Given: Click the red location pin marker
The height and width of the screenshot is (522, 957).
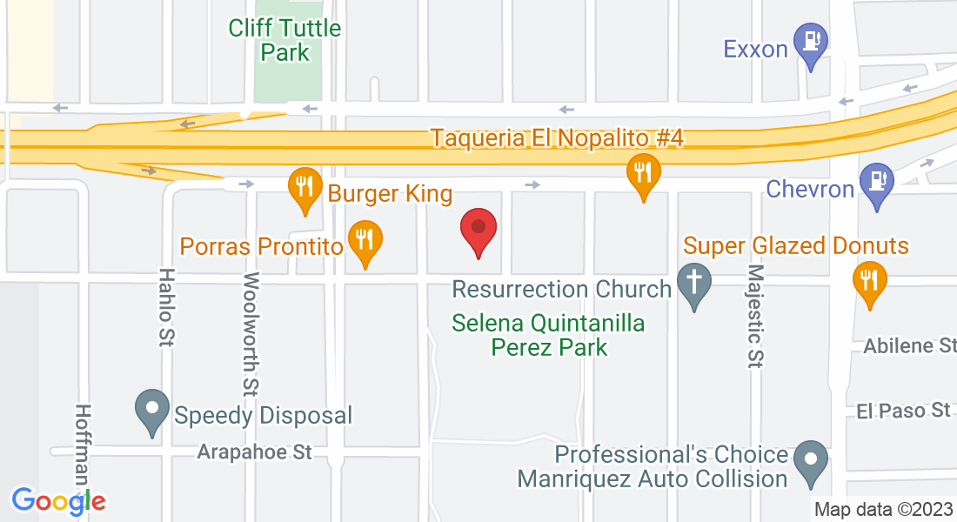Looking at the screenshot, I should [478, 229].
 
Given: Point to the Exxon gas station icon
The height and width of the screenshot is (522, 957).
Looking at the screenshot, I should [813, 43].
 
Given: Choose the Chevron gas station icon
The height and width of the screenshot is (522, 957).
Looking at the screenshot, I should [876, 183].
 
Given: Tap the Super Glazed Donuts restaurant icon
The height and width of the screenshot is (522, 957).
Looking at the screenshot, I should [868, 280].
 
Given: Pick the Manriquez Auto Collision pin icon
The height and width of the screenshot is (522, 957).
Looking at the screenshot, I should [812, 459].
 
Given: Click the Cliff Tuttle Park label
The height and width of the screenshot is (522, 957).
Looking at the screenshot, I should [284, 40].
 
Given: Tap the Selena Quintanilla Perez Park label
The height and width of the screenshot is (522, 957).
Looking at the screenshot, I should [549, 335].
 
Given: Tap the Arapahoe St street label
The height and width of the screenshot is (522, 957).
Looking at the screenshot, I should [254, 452].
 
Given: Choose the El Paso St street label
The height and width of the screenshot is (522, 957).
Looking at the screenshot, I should [903, 410].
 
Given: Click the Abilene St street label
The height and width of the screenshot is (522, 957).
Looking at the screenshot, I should [909, 346].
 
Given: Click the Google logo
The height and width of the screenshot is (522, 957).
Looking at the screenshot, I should [58, 500].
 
